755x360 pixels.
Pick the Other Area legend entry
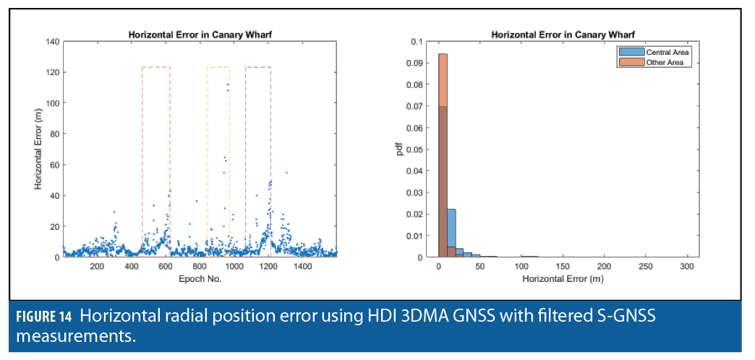(659, 62)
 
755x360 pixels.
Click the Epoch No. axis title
(199, 278)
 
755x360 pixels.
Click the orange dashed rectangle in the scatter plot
(155, 67)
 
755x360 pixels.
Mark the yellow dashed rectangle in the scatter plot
(218, 67)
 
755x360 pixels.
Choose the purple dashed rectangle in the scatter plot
(258, 67)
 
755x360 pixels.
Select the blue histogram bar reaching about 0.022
(451, 231)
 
